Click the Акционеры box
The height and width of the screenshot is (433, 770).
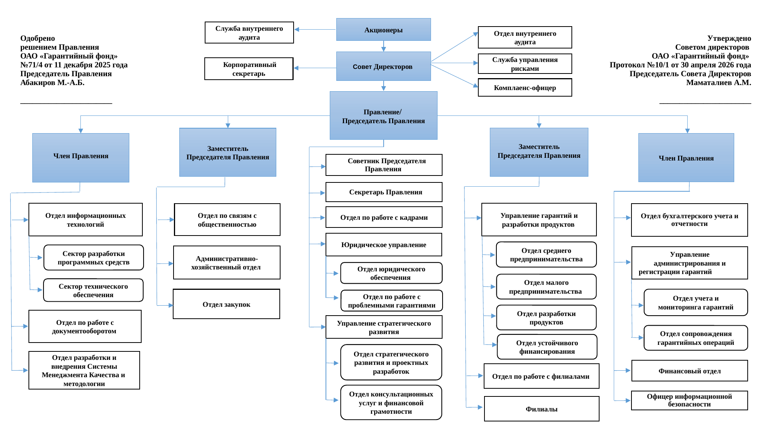pos(383,30)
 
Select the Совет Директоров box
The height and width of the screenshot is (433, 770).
pos(383,66)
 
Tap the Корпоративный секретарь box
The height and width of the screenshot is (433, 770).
pos(249,69)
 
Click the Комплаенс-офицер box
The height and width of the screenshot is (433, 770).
pos(525,87)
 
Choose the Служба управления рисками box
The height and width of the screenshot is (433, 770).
pos(525,64)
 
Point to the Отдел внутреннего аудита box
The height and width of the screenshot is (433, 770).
pos(525,37)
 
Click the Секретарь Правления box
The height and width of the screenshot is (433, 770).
pos(384,192)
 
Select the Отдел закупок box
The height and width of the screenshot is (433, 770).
pos(226,304)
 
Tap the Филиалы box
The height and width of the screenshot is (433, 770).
pos(542,409)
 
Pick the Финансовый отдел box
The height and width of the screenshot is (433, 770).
pos(690,371)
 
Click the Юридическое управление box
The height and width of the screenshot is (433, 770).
pos(384,244)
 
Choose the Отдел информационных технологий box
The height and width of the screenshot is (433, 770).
pos(85,219)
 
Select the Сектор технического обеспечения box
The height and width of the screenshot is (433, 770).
pos(93,290)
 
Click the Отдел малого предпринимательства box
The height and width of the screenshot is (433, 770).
pos(546,287)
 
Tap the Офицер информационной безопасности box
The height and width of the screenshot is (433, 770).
pos(690,400)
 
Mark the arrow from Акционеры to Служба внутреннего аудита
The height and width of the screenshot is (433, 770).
pos(315,29)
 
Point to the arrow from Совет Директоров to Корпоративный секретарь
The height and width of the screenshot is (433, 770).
pos(315,68)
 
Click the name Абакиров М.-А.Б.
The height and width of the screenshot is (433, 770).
pos(52,82)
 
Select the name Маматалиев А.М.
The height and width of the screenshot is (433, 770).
pos(718,82)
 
